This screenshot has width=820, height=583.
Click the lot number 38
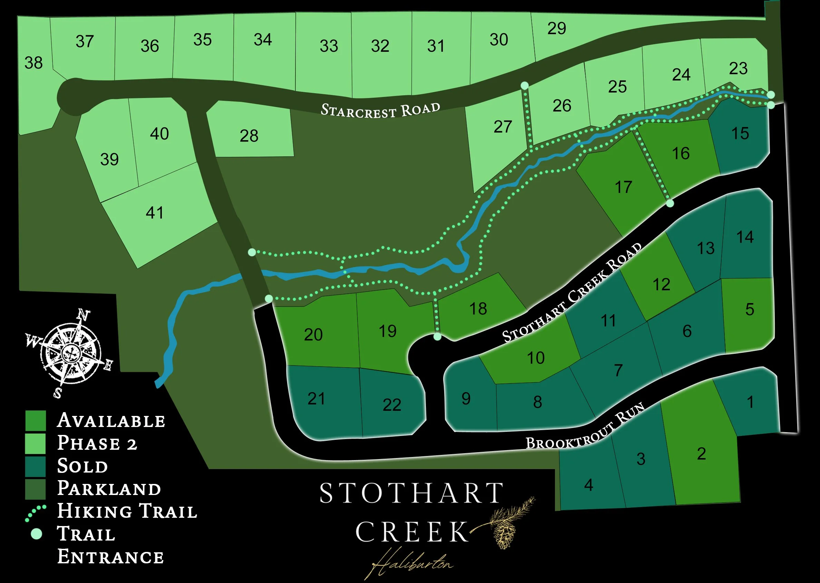(x=33, y=63)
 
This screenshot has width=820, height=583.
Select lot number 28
(x=249, y=136)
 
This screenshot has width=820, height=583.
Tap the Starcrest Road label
(x=380, y=110)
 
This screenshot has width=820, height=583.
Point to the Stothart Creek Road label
(x=572, y=293)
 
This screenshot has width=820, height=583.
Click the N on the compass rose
(x=84, y=315)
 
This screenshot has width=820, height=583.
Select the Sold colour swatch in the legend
(x=36, y=466)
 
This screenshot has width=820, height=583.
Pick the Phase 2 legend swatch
(x=36, y=443)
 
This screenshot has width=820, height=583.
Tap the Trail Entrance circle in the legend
(x=36, y=534)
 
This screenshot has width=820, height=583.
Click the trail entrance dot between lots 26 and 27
(x=525, y=86)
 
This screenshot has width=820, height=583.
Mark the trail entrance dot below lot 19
(x=437, y=337)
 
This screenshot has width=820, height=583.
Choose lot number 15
(x=740, y=133)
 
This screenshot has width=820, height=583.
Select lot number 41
(x=155, y=213)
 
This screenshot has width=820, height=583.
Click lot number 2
(x=702, y=454)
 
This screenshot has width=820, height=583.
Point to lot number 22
(x=391, y=405)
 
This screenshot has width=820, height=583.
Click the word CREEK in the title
(x=412, y=532)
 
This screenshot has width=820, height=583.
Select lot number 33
(x=329, y=46)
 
